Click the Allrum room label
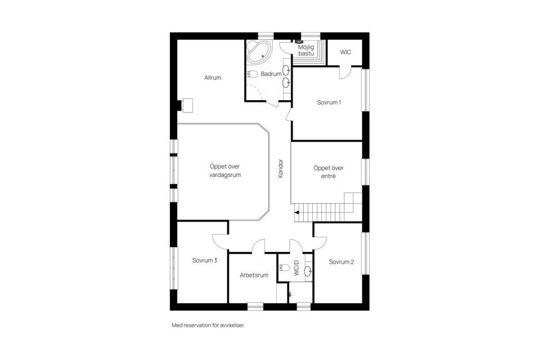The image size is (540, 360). pyautogui.click(x=213, y=78)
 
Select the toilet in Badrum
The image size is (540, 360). pyautogui.click(x=253, y=74)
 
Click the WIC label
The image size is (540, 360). pyautogui.click(x=345, y=52)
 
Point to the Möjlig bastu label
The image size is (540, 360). pyautogui.click(x=307, y=51)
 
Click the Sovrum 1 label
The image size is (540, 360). pyautogui.click(x=328, y=102)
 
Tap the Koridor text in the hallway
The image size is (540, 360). pyautogui.click(x=280, y=168)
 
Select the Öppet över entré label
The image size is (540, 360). pyautogui.click(x=328, y=172)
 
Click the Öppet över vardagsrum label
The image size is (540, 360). pyautogui.click(x=221, y=171)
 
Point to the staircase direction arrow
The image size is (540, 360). pyautogui.click(x=296, y=213)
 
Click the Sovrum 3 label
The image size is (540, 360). pyautogui.click(x=204, y=260)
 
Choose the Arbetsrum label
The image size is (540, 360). pyautogui.click(x=254, y=275)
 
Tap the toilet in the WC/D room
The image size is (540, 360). pyautogui.click(x=285, y=267)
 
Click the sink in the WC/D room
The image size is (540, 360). pyautogui.click(x=307, y=271)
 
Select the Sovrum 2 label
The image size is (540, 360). pyautogui.click(x=341, y=262)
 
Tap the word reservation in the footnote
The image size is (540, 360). pyautogui.click(x=201, y=325)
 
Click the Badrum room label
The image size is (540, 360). pyautogui.click(x=271, y=74)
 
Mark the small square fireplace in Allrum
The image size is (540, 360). pyautogui.click(x=186, y=105)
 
